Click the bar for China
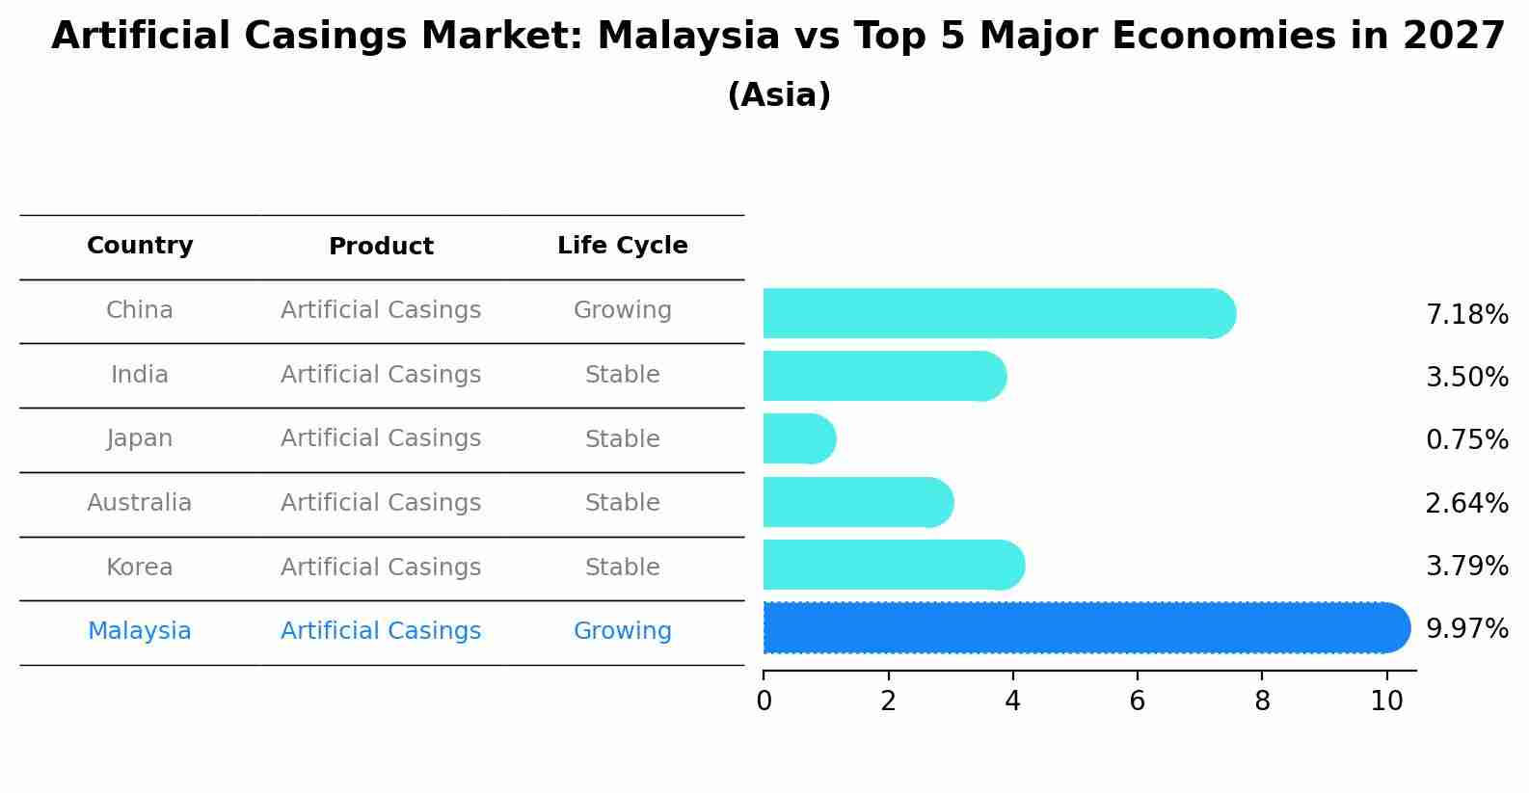click(x=993, y=313)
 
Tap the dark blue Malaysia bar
click(x=1080, y=628)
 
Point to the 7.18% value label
click(x=1466, y=315)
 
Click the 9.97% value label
click(x=1466, y=629)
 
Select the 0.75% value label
click(x=1466, y=440)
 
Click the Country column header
click(x=140, y=246)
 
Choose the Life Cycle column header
click(x=622, y=246)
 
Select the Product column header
click(x=381, y=247)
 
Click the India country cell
click(x=140, y=375)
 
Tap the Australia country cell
click(x=140, y=503)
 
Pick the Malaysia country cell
click(x=140, y=631)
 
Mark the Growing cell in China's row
click(x=622, y=310)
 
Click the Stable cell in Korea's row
click(x=622, y=568)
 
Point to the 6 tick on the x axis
click(x=1137, y=701)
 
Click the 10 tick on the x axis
click(x=1386, y=701)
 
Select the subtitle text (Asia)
click(x=779, y=95)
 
